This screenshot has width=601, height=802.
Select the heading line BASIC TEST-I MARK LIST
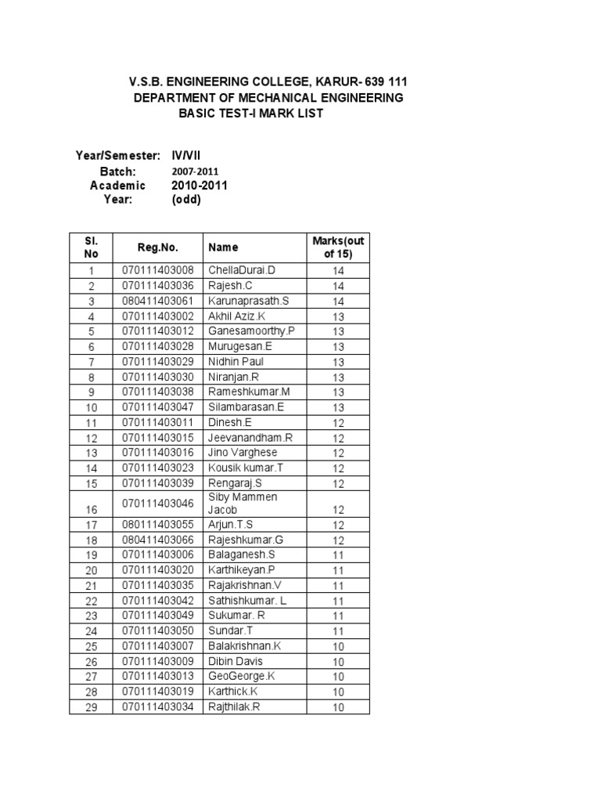click(x=250, y=114)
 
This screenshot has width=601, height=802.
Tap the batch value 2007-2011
click(x=195, y=171)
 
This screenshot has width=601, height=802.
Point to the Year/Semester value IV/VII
click(x=186, y=155)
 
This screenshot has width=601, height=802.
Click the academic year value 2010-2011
click(x=200, y=185)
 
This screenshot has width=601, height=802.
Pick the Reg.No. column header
click(x=157, y=247)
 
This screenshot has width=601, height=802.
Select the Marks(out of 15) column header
click(x=338, y=247)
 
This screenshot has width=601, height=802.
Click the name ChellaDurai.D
click(x=242, y=270)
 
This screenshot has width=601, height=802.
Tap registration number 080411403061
click(x=157, y=301)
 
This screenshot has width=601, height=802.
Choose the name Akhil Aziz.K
click(x=238, y=316)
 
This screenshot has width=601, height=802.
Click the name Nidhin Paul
click(x=236, y=361)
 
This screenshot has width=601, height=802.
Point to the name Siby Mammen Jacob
click(x=243, y=503)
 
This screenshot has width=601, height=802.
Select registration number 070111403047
click(x=157, y=407)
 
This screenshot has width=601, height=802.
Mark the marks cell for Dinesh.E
click(x=338, y=423)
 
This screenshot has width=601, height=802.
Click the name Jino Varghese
click(x=243, y=453)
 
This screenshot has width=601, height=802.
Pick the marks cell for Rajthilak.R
click(x=338, y=708)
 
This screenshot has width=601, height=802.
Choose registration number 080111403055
click(x=157, y=524)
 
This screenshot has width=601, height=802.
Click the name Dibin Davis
click(x=236, y=662)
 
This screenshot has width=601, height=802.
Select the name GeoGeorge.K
click(x=242, y=677)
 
